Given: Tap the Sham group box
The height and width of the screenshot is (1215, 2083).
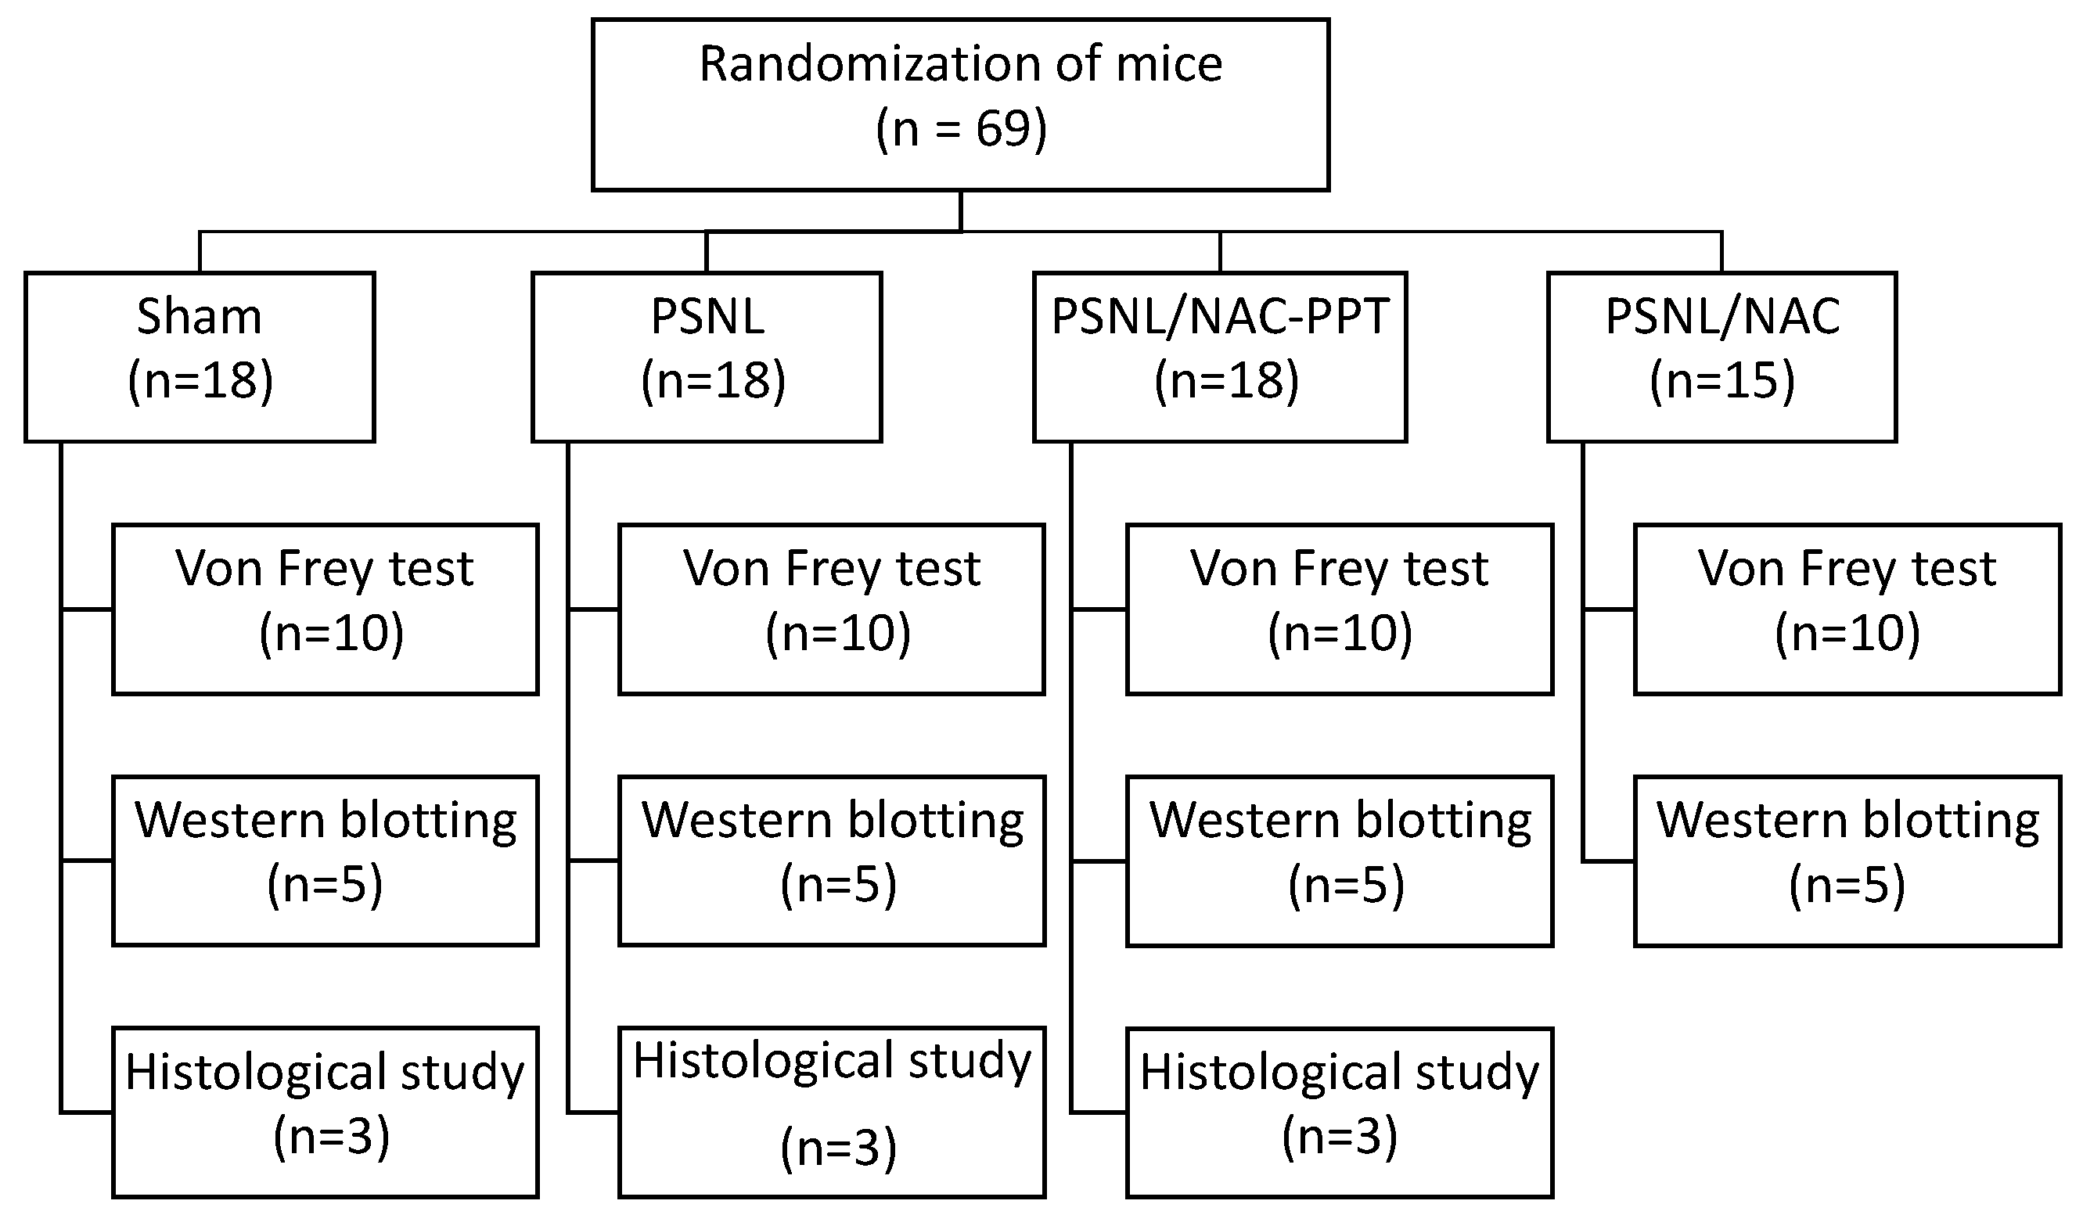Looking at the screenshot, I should (200, 356).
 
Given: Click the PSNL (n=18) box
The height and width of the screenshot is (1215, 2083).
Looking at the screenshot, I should (707, 356).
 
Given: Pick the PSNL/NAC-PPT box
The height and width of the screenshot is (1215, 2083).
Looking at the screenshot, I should (1220, 356).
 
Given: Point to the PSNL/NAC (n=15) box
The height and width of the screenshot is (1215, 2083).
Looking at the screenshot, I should (1721, 356).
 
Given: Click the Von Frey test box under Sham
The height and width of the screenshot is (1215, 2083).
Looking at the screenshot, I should (325, 609).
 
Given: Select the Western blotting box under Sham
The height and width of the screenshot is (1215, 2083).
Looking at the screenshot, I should (325, 861).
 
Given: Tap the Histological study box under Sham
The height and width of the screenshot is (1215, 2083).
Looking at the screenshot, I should (325, 1113).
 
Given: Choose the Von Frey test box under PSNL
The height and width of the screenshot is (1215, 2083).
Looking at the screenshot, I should (832, 609).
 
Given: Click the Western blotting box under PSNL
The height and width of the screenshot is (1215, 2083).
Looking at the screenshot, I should (832, 861).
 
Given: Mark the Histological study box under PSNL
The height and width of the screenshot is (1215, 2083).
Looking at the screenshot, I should (832, 1113).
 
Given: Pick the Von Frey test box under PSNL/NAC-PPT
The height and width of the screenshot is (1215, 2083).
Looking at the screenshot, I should (1339, 609).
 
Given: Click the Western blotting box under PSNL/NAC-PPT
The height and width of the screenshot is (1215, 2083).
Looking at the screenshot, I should (1339, 861).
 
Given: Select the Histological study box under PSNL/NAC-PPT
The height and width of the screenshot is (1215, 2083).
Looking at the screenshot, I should (1339, 1113).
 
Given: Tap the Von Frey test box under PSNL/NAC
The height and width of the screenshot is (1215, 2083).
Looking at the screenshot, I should (1847, 609).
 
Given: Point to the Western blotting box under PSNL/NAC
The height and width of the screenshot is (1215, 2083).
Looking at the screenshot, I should (1847, 861).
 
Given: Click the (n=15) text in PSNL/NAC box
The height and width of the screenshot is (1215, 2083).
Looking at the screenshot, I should (1721, 382).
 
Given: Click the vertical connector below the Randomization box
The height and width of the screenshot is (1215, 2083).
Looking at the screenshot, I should (960, 210).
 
